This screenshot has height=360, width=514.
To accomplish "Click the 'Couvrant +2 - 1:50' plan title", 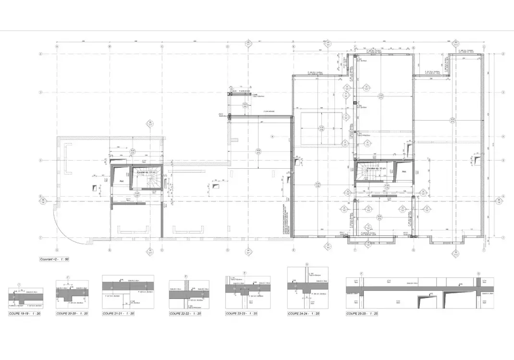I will coord(54,259).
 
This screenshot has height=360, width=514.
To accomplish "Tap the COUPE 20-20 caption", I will coord(72,313).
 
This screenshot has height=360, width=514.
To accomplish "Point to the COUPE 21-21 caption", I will coord(118,313).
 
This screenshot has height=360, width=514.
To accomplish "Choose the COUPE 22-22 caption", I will coord(185,313).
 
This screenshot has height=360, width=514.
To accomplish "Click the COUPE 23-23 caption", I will coord(241,313).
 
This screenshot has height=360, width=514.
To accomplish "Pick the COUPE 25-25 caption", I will coord(362,313).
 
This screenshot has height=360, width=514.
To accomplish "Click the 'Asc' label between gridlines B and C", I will coord(122,181).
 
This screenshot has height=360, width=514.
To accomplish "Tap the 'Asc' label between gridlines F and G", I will coord(404,171).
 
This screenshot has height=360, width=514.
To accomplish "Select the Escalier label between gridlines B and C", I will coord(146,172).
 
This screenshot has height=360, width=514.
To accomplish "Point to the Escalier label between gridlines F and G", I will coord(377,169).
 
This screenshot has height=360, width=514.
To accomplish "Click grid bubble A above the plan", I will coord(57,47).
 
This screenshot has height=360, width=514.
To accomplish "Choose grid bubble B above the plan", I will coord(110,47).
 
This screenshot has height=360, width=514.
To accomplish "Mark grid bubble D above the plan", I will coord(228,47).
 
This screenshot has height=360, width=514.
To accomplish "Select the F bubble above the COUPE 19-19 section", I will coord(19,285).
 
